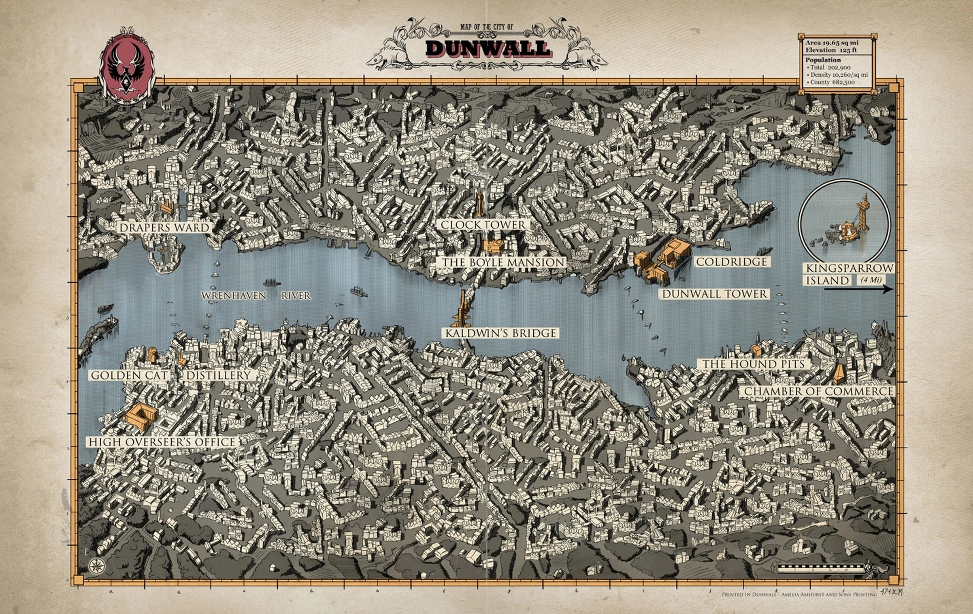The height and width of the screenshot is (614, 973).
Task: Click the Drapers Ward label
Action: [164, 228]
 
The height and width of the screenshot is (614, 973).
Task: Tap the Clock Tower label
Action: [483, 225]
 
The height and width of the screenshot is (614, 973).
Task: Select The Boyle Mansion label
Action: [504, 263]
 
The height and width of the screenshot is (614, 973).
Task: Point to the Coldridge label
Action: [731, 262]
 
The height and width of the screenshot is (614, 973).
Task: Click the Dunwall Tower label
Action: [714, 294]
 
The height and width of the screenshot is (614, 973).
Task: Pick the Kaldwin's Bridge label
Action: [501, 333]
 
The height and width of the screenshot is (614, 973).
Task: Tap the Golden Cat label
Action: [129, 375]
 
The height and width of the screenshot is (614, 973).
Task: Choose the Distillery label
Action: [218, 375]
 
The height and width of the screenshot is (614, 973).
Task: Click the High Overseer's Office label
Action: [162, 442]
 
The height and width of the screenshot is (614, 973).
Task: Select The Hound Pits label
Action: [753, 364]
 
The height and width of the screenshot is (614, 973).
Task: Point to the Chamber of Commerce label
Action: [818, 391]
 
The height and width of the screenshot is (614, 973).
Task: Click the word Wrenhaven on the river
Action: [234, 296]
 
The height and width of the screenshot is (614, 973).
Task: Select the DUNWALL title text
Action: [487, 48]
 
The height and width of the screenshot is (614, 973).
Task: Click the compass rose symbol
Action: [95, 564]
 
